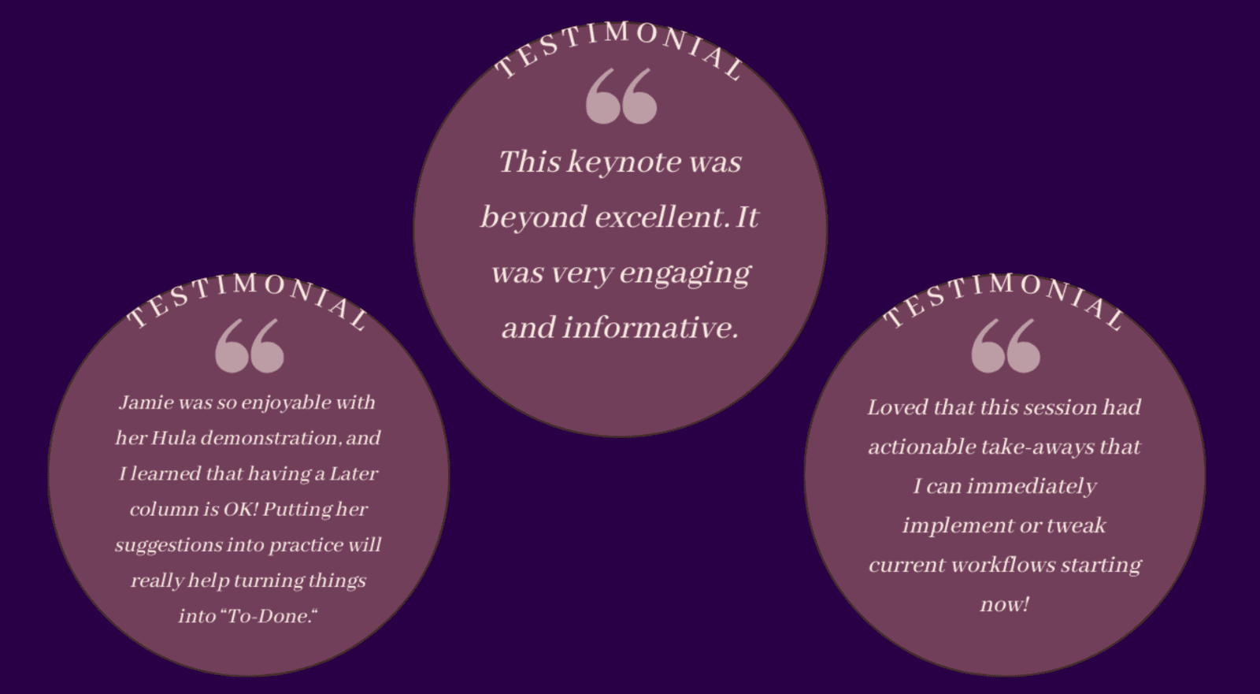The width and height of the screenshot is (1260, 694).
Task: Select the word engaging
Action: pos(685,273)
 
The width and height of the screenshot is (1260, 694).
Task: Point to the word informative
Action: pos(650,327)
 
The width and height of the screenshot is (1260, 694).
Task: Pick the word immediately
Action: pos(1032,486)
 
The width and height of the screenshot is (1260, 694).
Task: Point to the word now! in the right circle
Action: pos(1005,604)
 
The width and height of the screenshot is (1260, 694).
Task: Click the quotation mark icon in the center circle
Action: pos(621,95)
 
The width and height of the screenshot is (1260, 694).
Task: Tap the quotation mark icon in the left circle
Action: pos(249,346)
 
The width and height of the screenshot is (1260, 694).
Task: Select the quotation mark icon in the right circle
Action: pos(1006,346)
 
